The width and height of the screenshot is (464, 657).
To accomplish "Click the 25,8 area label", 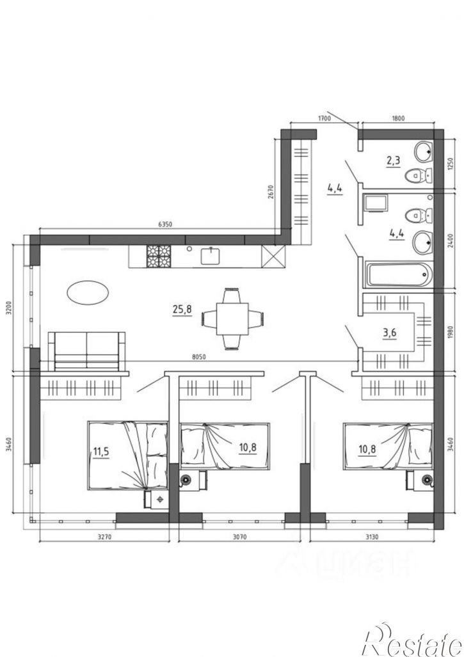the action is point(182,310).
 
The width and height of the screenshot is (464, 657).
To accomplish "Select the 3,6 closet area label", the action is point(389,333).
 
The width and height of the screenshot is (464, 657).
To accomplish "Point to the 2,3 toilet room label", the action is point(393,161).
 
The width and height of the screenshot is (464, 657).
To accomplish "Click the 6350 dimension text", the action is point(165,224).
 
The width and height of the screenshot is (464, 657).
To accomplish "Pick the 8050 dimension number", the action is point(198,357).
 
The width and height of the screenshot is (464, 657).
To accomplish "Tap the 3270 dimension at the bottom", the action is point(104,537).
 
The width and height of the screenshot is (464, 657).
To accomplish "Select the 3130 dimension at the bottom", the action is point(371,537).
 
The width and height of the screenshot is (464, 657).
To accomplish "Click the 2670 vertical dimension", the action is point(271,192).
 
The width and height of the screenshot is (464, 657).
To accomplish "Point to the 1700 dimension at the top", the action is point(324,118).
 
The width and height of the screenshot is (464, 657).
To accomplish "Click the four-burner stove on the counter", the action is point(159,257).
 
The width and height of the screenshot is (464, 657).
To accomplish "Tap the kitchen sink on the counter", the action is point(211,256).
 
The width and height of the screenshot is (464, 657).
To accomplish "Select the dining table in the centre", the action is point(232,319).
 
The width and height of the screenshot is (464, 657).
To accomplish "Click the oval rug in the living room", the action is point(88,292).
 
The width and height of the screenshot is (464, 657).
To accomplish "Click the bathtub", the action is point(399,274).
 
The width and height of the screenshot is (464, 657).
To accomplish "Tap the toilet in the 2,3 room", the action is point(419,175).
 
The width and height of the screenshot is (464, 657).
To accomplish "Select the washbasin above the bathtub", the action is point(422,242).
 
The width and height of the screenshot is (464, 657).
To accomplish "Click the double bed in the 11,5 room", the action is point(127,456).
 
